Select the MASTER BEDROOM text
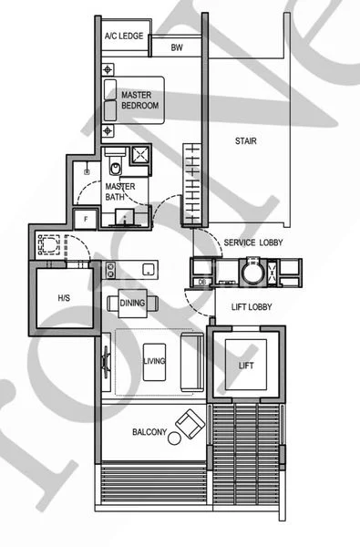(140, 100)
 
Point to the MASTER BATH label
(120, 191)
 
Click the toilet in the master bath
(115, 166)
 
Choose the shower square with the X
(141, 155)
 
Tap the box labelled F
(86, 218)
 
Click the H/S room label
(63, 298)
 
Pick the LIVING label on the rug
(155, 362)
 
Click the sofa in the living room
(192, 362)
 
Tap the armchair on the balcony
(191, 424)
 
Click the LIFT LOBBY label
(252, 308)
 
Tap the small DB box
(201, 283)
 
